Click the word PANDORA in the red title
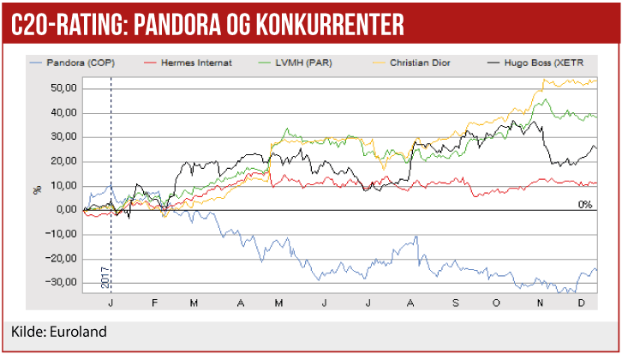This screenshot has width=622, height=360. tap(178, 24)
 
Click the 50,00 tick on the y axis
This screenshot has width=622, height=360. tap(65, 87)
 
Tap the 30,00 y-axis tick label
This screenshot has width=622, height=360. tap(65, 136)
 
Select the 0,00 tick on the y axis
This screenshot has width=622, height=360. tap(68, 210)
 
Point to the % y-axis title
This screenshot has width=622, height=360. tap(37, 186)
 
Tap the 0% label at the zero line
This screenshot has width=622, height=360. tap(585, 205)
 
